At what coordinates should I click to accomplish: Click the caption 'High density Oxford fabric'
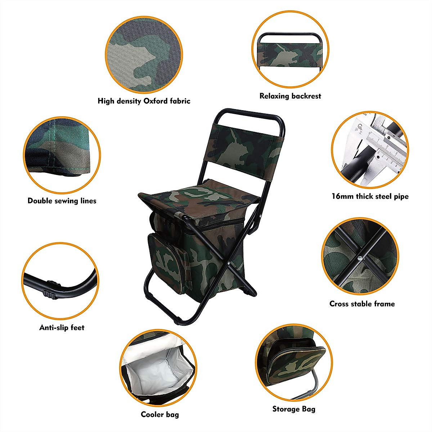pyautogui.click(x=144, y=101)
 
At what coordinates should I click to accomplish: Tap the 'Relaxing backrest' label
pyautogui.click(x=290, y=96)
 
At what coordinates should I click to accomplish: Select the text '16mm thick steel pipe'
pyautogui.click(x=370, y=196)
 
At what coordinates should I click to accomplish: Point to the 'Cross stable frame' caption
pyautogui.click(x=362, y=303)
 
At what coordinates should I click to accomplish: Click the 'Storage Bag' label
pyautogui.click(x=294, y=409)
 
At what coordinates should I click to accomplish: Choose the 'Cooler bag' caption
pyautogui.click(x=160, y=414)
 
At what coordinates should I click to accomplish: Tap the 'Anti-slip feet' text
pyautogui.click(x=62, y=328)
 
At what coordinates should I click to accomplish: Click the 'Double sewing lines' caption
pyautogui.click(x=62, y=201)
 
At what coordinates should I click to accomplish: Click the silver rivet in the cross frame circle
pyautogui.click(x=360, y=258)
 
